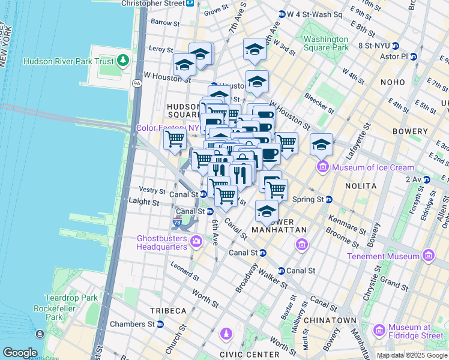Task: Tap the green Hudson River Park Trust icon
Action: (124, 60)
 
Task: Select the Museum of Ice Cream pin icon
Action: (322, 166)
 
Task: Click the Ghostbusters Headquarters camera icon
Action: (196, 241)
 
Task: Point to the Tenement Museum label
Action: (383, 256)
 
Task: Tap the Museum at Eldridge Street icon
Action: (379, 331)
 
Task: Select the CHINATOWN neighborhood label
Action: (331, 320)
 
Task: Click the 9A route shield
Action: (137, 83)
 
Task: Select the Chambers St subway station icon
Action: (160, 325)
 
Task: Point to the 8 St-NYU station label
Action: (378, 46)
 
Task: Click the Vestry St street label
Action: (152, 190)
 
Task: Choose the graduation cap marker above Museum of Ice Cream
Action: (322, 144)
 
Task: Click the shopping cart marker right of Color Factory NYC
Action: (175, 139)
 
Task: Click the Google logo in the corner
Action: (20, 353)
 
